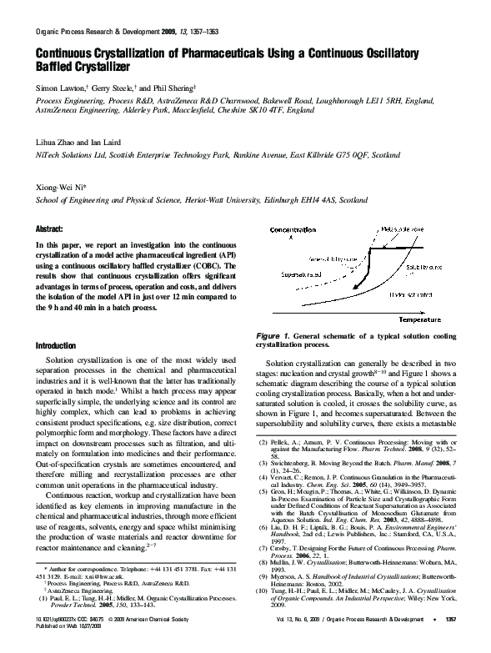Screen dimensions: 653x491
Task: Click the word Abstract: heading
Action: [49, 228]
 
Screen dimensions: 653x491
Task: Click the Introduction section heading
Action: [55, 344]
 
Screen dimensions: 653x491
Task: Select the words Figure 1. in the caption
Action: [276, 334]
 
